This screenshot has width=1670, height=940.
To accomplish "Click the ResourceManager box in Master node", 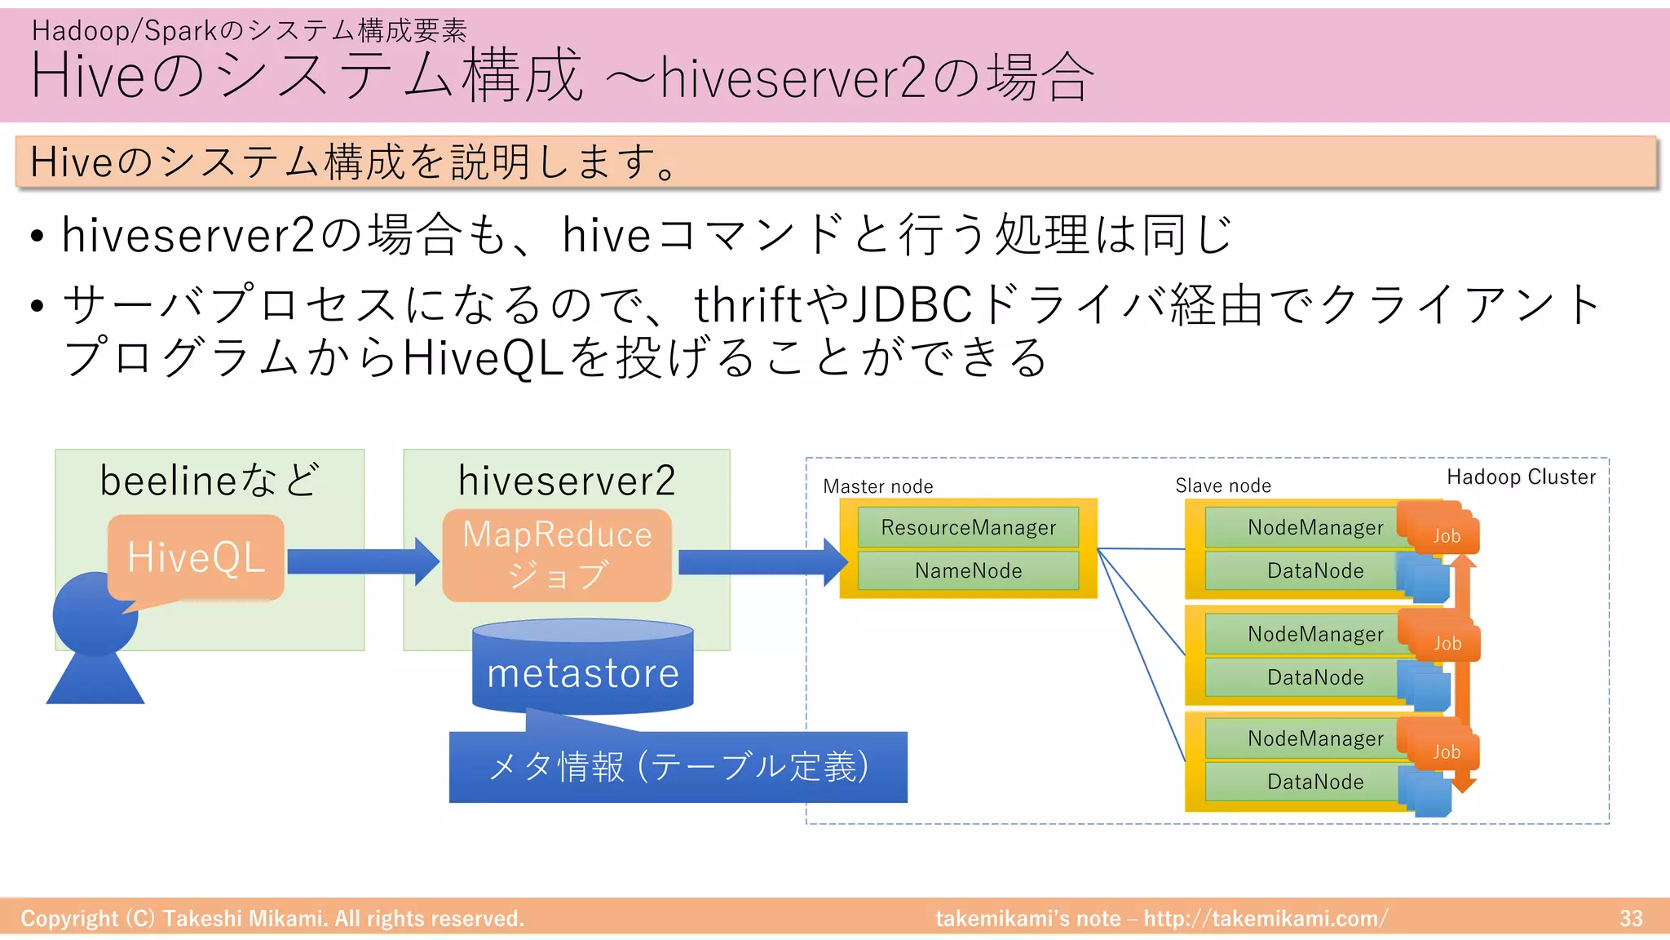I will tap(968, 527).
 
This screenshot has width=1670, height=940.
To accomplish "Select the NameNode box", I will tap(968, 570).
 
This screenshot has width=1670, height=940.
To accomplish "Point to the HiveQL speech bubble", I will tap(196, 558).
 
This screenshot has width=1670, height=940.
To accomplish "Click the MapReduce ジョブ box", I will tap(557, 555).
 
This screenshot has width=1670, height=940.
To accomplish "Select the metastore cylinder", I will tap(582, 669).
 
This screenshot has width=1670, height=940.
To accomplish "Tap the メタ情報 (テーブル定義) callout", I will tap(678, 767).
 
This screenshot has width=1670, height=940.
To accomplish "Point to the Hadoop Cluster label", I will tap(1521, 477).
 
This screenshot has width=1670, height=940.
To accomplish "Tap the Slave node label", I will tap(1222, 486).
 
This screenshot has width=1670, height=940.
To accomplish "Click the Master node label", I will tap(877, 487).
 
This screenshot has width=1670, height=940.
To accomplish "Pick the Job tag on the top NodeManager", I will tap(1446, 535).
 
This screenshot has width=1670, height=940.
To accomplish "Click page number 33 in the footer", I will tap(1631, 919).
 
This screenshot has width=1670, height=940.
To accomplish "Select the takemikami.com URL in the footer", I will tap(1265, 919).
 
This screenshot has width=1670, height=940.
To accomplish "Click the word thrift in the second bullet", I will tap(748, 305).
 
